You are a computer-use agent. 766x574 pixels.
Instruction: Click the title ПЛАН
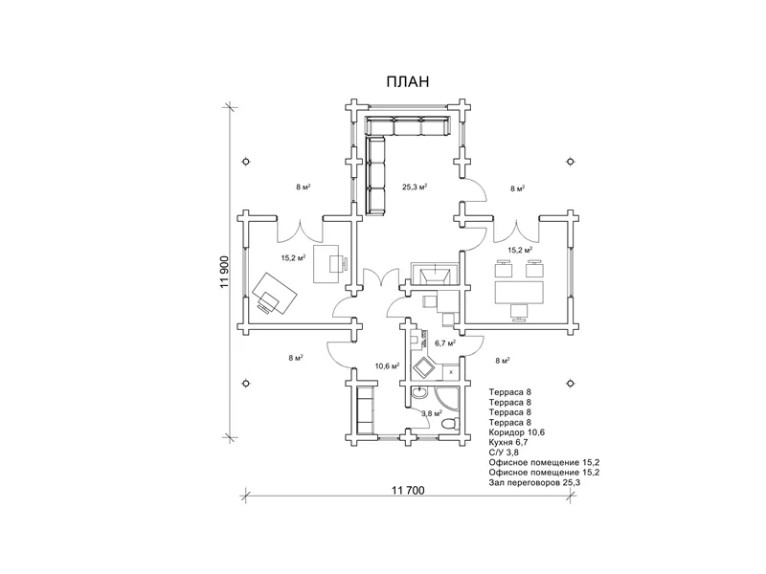pyautogui.click(x=407, y=83)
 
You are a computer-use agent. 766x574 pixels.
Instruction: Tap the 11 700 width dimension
pyautogui.click(x=409, y=491)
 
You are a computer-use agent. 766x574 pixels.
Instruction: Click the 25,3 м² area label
pyautogui.click(x=414, y=188)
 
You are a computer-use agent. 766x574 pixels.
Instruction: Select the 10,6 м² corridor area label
pyautogui.click(x=387, y=365)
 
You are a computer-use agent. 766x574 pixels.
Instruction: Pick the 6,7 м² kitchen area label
pyautogui.click(x=444, y=342)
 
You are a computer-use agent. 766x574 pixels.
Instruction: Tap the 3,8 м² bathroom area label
pyautogui.click(x=432, y=412)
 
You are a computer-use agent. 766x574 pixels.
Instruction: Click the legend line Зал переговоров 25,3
pyautogui.click(x=534, y=483)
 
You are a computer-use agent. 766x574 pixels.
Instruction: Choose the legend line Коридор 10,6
pyautogui.click(x=521, y=432)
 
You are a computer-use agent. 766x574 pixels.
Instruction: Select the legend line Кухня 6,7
pyautogui.click(x=515, y=443)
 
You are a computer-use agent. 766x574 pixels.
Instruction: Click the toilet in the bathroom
pyautogui.click(x=448, y=421)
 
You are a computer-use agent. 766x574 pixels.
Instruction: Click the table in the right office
pyautogui.click(x=518, y=284)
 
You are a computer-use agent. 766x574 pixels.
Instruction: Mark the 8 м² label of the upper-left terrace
pyautogui.click(x=302, y=188)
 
